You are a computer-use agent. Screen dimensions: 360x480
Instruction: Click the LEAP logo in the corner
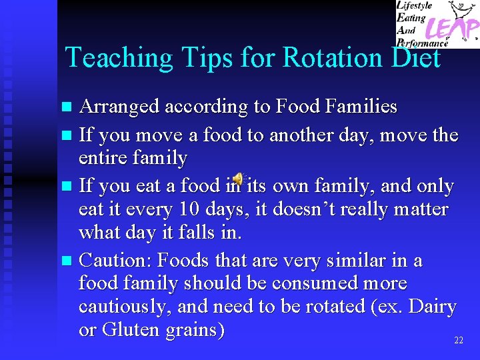[x=437, y=24]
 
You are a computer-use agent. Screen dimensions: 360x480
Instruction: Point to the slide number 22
[x=458, y=341]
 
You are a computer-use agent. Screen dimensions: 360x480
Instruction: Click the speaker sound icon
[x=238, y=180]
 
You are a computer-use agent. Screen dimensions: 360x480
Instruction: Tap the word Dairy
[x=432, y=307]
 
